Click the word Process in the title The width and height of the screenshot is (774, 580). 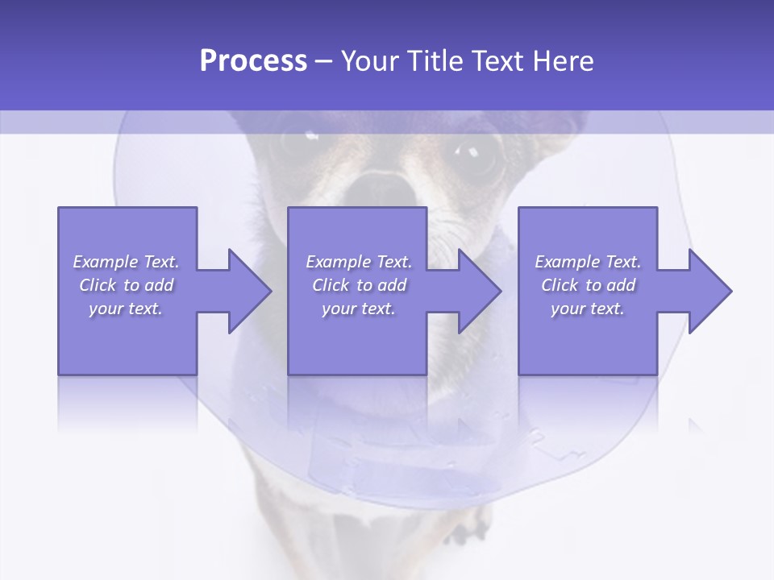[x=253, y=61]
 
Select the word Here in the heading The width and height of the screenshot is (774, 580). [x=563, y=61]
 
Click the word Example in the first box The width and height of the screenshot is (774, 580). [x=106, y=262]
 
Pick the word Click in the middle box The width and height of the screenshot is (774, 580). [x=329, y=285]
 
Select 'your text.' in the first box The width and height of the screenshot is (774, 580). [x=126, y=309]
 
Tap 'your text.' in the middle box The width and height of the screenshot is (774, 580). [x=358, y=309]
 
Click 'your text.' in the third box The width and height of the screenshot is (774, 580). [x=588, y=309]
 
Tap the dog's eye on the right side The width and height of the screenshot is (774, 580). [x=476, y=153]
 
